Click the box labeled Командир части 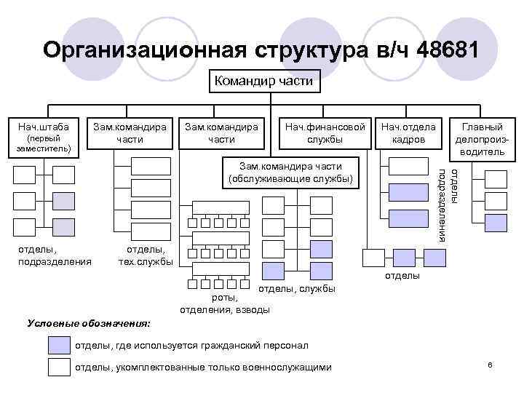264,81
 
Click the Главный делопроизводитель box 479,138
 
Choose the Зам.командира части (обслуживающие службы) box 290,171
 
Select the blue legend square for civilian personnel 58,345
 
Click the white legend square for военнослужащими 58,367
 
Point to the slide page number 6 491,364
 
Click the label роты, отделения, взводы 224,304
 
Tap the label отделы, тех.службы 145,255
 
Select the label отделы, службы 296,289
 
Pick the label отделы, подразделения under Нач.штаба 54,255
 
